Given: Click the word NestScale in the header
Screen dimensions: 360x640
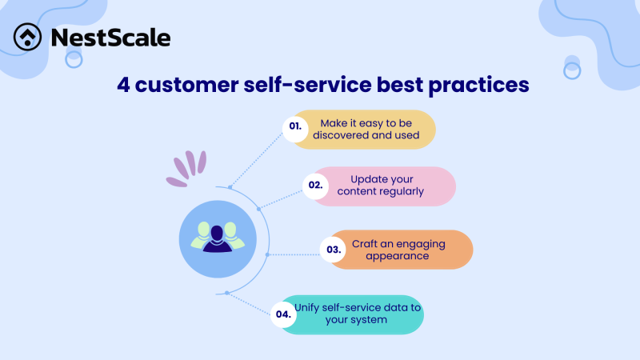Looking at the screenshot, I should coord(110,38).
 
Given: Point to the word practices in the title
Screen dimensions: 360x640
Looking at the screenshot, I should coord(475,84).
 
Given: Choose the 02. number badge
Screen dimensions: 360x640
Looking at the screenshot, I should coord(316,185).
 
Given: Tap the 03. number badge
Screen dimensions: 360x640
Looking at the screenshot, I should coord(333,249).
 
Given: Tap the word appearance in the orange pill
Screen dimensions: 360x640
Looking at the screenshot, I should coord(398,256).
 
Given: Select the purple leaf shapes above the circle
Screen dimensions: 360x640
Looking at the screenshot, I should coord(186,167).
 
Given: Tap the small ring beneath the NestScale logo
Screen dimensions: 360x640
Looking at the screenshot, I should coord(74,59).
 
